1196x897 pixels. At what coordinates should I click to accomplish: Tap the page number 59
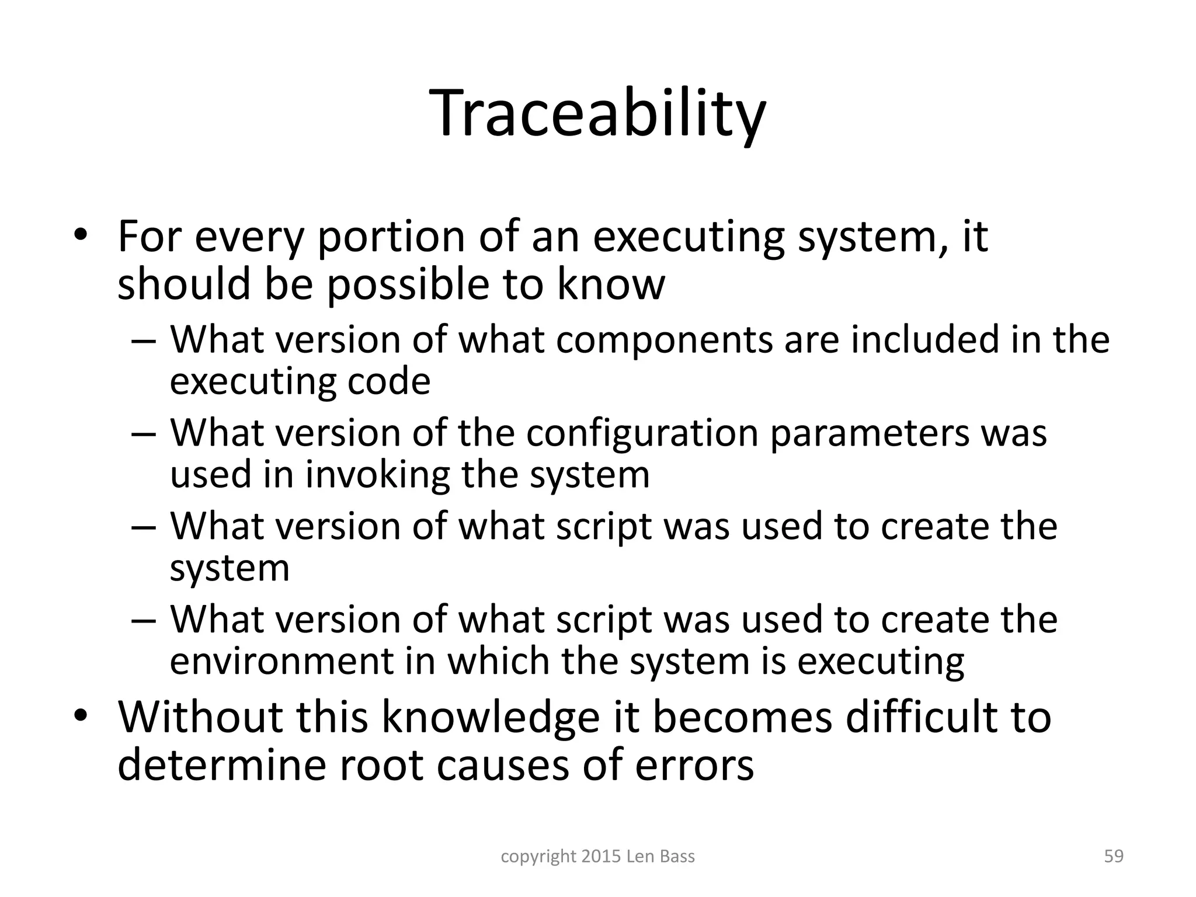(1114, 856)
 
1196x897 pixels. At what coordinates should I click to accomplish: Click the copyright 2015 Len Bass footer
(598, 856)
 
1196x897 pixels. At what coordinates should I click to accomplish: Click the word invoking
(377, 474)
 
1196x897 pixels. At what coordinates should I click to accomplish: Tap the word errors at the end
(694, 766)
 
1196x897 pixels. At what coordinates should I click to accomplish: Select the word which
(500, 661)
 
